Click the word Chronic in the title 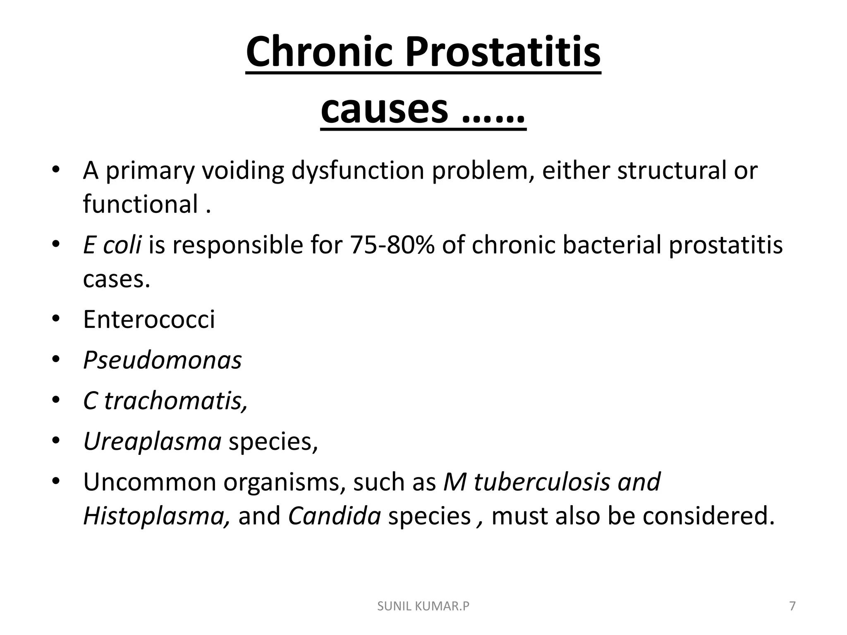318,53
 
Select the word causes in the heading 384,109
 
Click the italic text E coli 112,245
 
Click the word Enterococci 149,320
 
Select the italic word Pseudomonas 162,360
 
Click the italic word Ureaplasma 152,442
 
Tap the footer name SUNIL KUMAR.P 423,606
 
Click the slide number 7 792,606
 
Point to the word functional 141,204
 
